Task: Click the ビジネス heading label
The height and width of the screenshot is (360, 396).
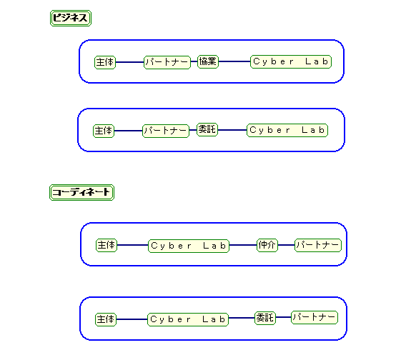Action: pyautogui.click(x=71, y=18)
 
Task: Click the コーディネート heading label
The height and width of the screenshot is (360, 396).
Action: pyautogui.click(x=81, y=192)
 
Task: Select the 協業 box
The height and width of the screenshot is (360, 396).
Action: pyautogui.click(x=208, y=61)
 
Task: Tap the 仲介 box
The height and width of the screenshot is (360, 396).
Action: pyautogui.click(x=267, y=245)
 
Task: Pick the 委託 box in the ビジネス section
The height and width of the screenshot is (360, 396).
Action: pyautogui.click(x=207, y=130)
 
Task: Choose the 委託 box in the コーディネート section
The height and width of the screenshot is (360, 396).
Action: pyautogui.click(x=265, y=318)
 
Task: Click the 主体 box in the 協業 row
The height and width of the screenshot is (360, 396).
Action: pyautogui.click(x=105, y=62)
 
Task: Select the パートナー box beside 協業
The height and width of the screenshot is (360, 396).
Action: pyautogui.click(x=167, y=62)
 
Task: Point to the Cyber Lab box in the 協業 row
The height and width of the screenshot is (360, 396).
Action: pyautogui.click(x=291, y=61)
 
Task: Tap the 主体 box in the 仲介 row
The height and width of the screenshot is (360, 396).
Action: pyautogui.click(x=107, y=245)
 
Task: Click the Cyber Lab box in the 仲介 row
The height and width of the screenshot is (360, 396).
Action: pyautogui.click(x=189, y=246)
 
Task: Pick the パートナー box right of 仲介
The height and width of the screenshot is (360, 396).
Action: pyautogui.click(x=318, y=245)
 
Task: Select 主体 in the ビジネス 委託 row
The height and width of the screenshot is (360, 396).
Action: pyautogui.click(x=104, y=131)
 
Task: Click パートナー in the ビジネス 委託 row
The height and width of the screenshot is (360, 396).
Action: pyautogui.click(x=166, y=131)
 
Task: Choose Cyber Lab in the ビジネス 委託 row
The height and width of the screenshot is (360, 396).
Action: pyautogui.click(x=287, y=130)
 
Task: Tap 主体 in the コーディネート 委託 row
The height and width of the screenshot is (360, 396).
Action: pyautogui.click(x=106, y=319)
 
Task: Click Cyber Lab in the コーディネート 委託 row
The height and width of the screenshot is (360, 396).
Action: pyautogui.click(x=188, y=319)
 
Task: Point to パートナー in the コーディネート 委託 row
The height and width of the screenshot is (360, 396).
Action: pyautogui.click(x=315, y=317)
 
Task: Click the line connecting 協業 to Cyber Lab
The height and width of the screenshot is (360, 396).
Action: pyautogui.click(x=234, y=61)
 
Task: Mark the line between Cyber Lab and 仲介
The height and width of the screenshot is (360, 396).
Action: pyautogui.click(x=243, y=245)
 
